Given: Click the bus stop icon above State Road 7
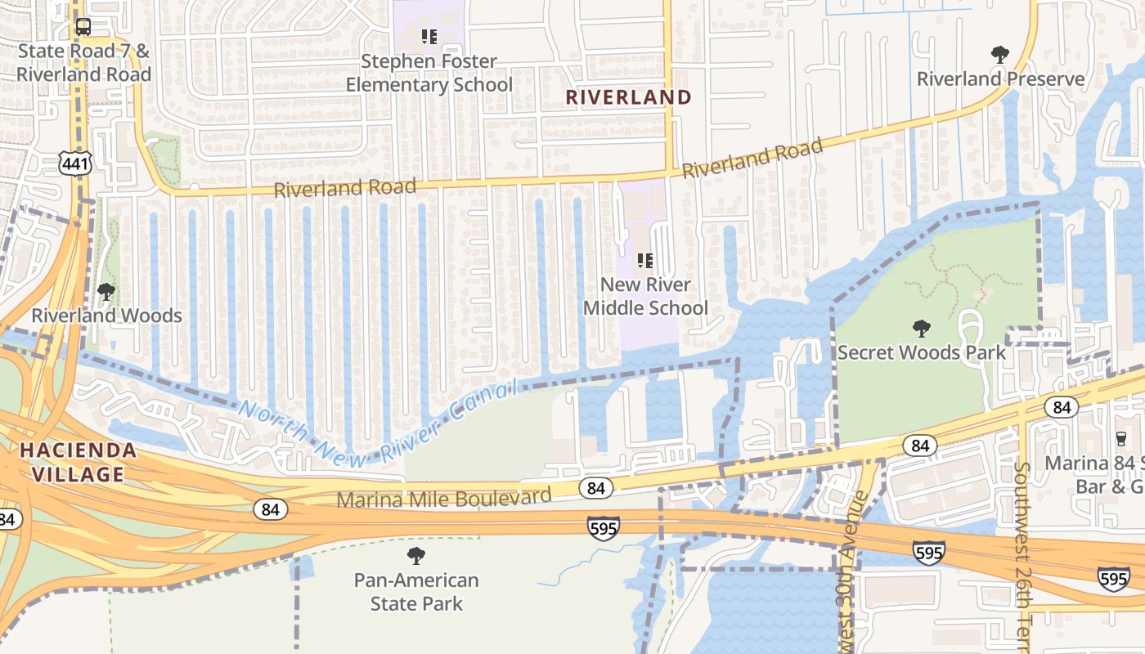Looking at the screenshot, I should [83, 27].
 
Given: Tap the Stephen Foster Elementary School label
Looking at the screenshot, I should [429, 73].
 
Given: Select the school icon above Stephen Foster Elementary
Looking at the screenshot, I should [429, 36].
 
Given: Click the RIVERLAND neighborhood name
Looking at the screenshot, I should [629, 97].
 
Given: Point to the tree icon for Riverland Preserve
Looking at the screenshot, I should [999, 55].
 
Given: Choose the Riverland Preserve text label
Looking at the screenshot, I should [1000, 79].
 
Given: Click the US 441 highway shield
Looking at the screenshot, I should [74, 163].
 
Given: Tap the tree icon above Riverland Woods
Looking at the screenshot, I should [106, 291].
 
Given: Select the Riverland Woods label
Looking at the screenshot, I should [106, 316].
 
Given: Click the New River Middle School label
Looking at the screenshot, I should [645, 296].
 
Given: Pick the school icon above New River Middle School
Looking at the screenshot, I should [645, 261].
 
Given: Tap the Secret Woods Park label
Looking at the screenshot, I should [921, 352].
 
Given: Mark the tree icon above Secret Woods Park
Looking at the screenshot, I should [922, 329].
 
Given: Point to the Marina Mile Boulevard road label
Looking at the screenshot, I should [444, 497].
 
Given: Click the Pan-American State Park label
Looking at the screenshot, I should [416, 592].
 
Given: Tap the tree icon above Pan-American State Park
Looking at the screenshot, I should [416, 556].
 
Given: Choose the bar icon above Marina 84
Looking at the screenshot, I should [1120, 439].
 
